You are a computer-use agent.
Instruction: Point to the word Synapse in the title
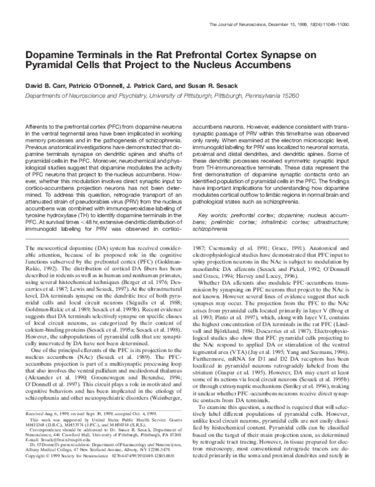[x=305, y=54]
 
